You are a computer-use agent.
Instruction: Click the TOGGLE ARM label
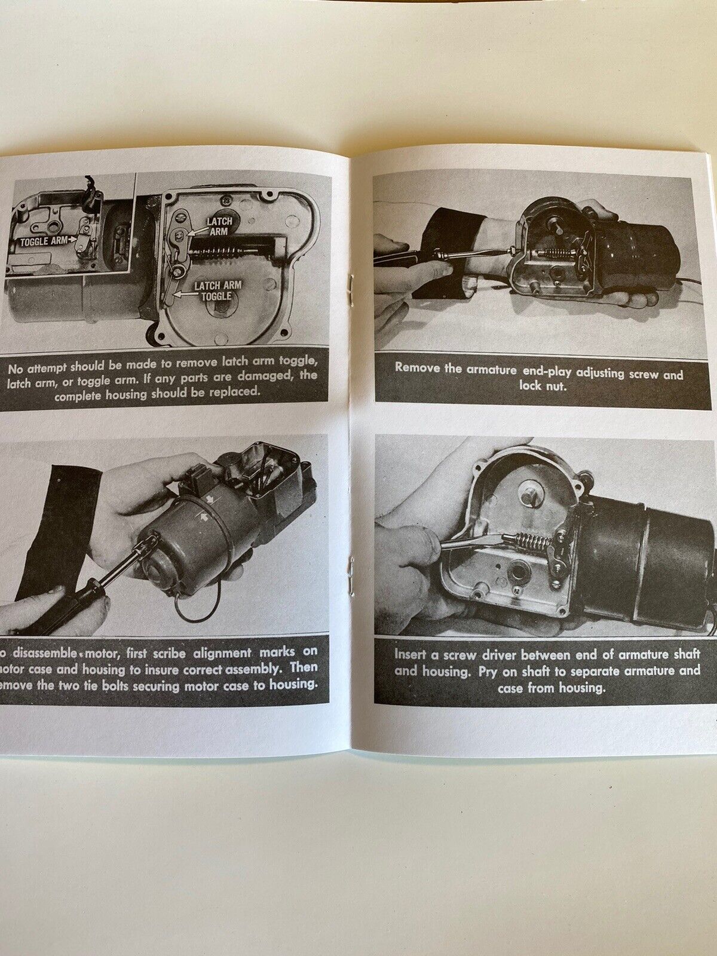pyautogui.click(x=41, y=241)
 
